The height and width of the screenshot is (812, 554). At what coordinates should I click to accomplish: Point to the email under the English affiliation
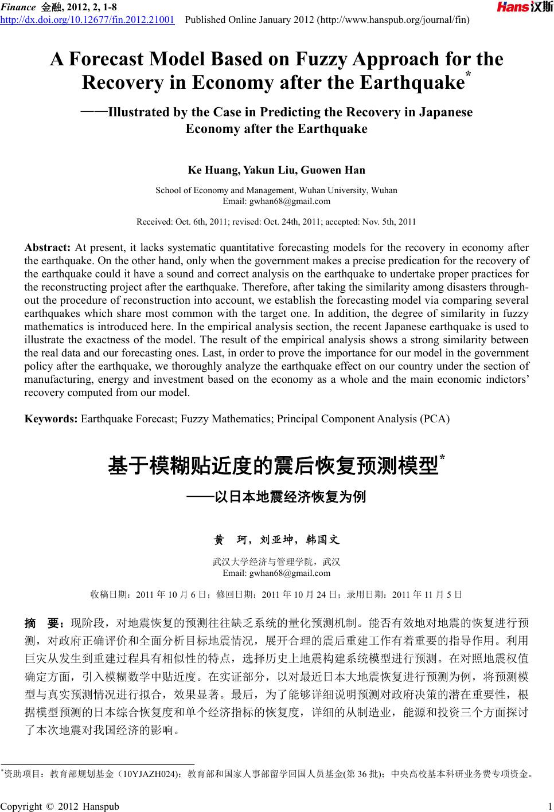[276, 201]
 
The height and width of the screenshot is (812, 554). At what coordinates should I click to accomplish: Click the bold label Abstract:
[47, 248]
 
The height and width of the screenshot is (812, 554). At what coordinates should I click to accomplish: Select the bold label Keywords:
[51, 418]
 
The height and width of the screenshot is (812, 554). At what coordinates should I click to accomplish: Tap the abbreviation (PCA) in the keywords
[435, 418]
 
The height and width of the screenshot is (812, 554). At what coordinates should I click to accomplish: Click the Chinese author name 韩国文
[322, 540]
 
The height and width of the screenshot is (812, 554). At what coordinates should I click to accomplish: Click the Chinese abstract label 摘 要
[43, 622]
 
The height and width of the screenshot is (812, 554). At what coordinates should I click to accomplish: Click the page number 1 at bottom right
[549, 806]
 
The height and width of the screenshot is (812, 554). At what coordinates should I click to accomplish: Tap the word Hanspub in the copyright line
[102, 806]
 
